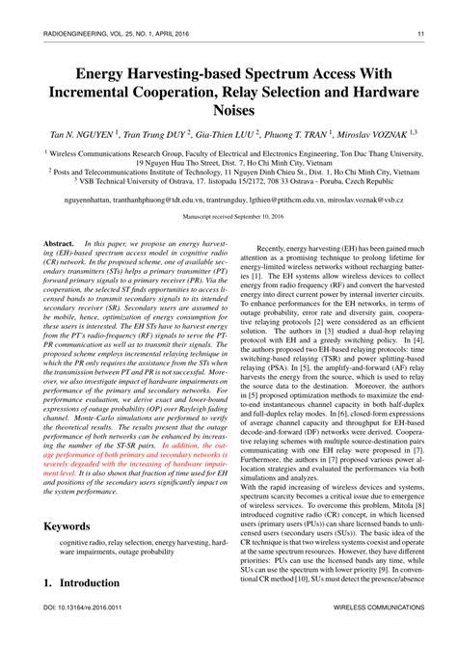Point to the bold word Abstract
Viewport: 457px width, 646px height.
click(58, 247)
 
